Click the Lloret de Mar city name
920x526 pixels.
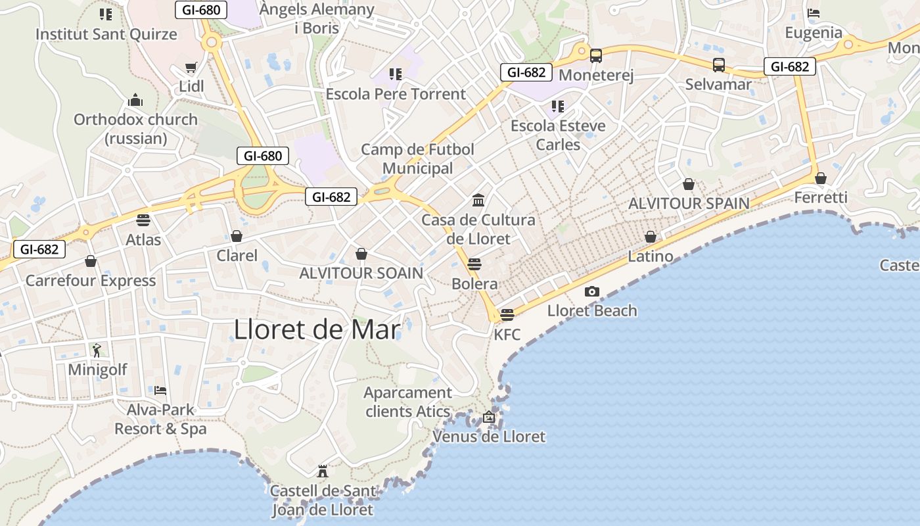point(317,329)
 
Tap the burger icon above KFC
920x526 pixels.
point(507,315)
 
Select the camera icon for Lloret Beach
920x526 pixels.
point(592,291)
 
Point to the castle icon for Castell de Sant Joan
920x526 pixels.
point(323,471)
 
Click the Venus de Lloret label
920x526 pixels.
point(489,436)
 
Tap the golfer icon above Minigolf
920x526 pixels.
point(97,350)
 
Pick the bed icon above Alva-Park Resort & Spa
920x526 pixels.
point(160,390)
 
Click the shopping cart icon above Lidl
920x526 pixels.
point(191,67)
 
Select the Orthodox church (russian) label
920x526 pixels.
point(135,129)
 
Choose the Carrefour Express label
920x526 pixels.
point(91,281)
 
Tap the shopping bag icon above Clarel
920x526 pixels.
point(237,236)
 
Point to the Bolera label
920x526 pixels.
point(474,284)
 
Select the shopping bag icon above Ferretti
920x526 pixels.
point(820,178)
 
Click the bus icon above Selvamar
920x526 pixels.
point(719,65)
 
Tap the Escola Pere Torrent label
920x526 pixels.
point(396,94)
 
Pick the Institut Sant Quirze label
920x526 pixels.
point(106,34)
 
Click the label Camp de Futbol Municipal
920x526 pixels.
point(418,159)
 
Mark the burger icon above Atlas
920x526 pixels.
point(143,220)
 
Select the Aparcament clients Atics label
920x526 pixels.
point(408,402)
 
